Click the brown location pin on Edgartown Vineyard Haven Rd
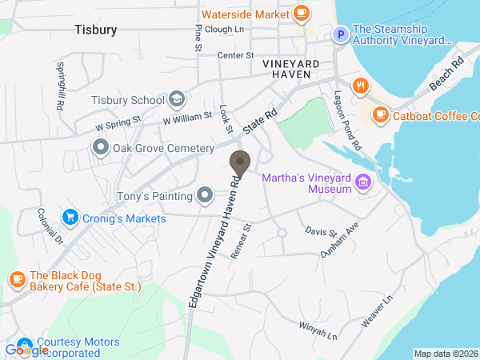point(239,163)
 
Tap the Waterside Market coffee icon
point(302,13)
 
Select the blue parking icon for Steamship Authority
point(340,34)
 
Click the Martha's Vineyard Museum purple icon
point(364,182)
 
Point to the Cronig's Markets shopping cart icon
point(70,218)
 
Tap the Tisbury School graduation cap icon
point(177,100)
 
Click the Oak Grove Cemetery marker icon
point(101,148)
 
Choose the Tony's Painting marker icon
point(206,195)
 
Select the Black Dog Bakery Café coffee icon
point(16,279)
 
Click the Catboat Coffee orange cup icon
point(380,115)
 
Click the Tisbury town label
point(95,30)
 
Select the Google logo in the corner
point(26,350)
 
